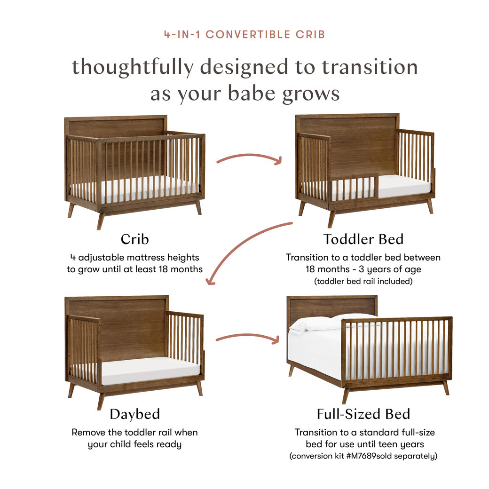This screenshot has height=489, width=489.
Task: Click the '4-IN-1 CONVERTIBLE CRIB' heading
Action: click(x=244, y=34)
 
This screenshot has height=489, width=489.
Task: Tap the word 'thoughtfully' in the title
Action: click(x=132, y=67)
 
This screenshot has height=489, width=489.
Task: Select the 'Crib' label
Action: click(x=134, y=239)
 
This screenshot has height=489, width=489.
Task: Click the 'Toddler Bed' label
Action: click(x=363, y=239)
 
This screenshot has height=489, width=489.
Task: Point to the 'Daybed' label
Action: click(x=134, y=414)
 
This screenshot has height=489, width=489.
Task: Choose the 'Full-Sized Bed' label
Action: click(x=363, y=414)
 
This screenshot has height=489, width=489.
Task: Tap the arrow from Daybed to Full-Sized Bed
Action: click(x=247, y=337)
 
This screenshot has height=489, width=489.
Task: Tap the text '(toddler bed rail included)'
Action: click(x=363, y=282)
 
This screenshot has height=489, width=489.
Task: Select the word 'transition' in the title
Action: click(x=370, y=67)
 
